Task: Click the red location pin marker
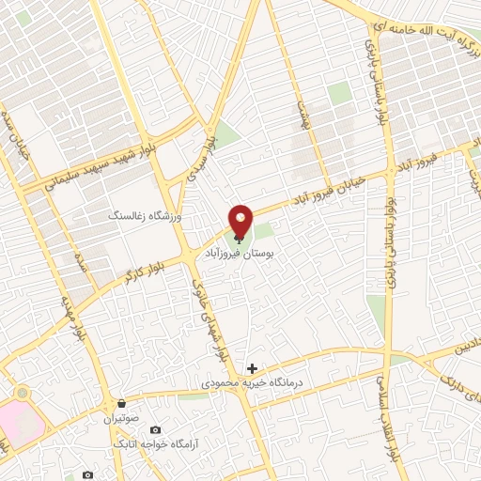click(241, 222)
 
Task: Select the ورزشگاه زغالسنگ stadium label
click(151, 216)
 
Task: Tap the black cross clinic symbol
click(252, 368)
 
